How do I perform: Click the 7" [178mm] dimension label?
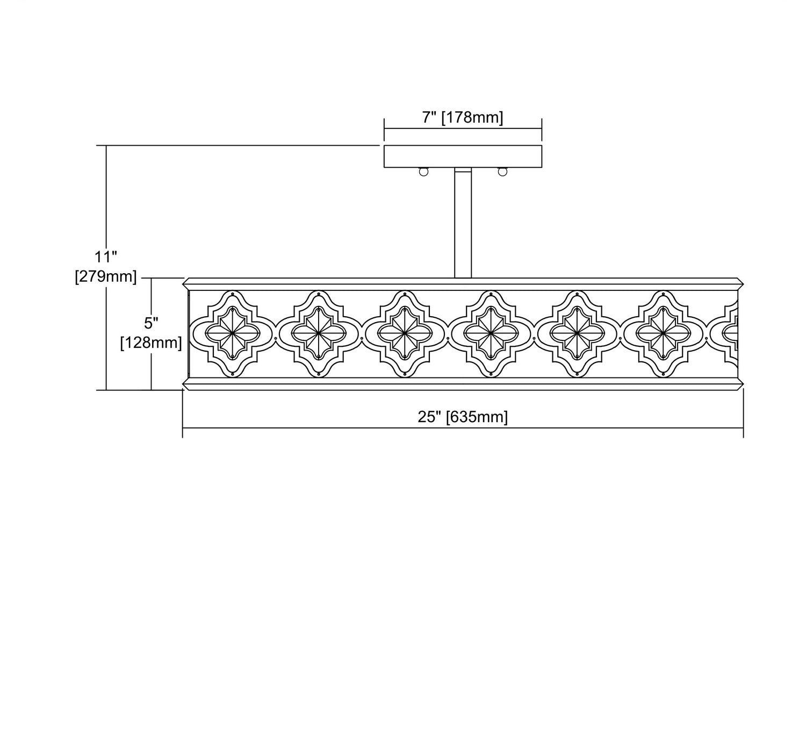tap(463, 118)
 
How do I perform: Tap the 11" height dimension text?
tap(106, 256)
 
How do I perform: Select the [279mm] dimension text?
tap(106, 277)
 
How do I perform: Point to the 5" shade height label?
tap(151, 323)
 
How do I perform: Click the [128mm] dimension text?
tap(151, 343)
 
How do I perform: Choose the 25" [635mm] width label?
tap(463, 417)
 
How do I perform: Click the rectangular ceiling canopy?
tap(463, 156)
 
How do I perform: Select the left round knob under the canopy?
tap(423, 172)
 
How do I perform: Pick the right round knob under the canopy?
tap(502, 172)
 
